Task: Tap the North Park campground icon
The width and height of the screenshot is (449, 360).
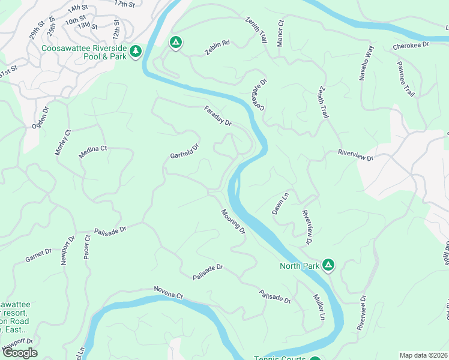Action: coord(328,265)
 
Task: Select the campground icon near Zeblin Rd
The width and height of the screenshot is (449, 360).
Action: coord(175,43)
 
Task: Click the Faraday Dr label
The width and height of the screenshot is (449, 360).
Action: coord(218,115)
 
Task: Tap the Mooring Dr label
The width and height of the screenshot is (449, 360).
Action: coord(233,221)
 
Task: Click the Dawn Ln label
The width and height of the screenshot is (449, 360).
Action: coord(280,203)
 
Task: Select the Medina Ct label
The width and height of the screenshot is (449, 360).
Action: coord(92,152)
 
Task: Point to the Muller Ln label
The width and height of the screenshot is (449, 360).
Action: coord(319,306)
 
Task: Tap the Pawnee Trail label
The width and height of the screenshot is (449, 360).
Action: coord(405,78)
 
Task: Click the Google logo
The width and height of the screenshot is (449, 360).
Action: coord(20,353)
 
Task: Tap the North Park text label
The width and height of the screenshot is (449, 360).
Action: coord(300,265)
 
